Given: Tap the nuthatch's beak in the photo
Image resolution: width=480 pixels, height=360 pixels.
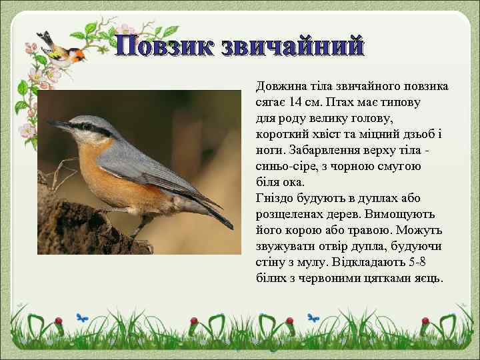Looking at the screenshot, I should (x=58, y=124).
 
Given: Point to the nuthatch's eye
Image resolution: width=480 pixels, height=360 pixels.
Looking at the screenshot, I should (x=84, y=126).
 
